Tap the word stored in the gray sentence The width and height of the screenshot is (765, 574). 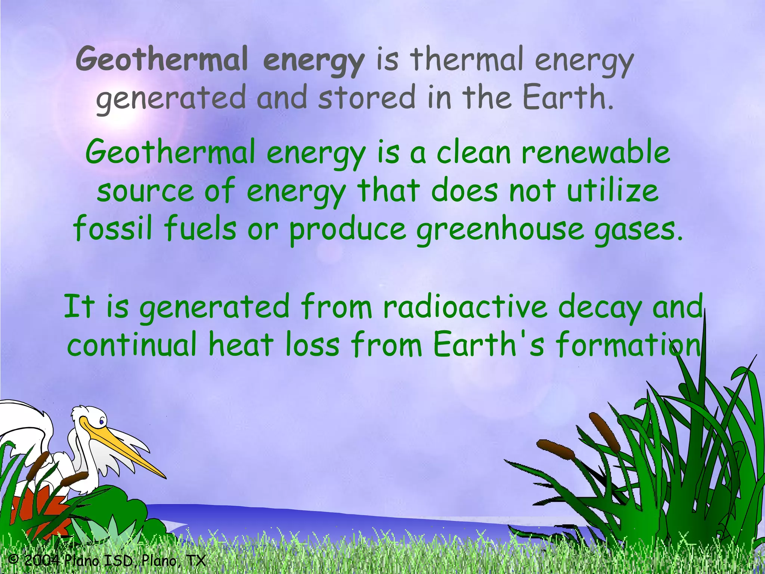point(366,98)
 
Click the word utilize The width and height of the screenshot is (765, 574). point(612,191)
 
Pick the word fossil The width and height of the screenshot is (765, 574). point(113,228)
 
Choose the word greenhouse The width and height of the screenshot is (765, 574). point(500,229)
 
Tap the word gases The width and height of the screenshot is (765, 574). point(635,229)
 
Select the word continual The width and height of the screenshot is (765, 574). point(132,345)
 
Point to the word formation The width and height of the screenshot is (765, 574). point(628,345)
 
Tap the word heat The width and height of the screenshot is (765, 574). point(241,345)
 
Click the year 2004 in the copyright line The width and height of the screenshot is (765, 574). point(42,560)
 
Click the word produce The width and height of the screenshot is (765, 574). point(347,229)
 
